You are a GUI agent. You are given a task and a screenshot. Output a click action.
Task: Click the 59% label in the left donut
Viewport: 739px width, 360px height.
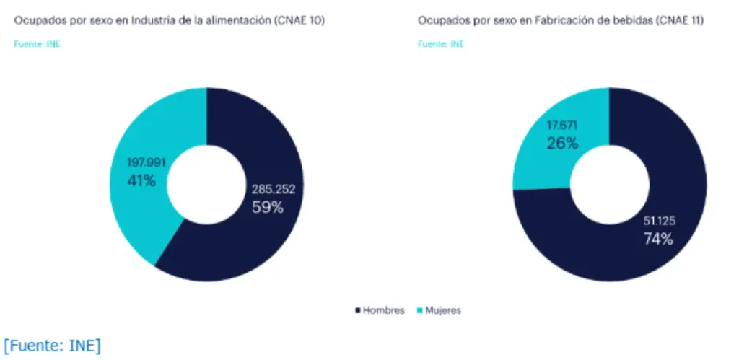267,207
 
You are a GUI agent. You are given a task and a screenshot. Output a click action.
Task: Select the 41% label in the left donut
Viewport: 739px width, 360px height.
141,180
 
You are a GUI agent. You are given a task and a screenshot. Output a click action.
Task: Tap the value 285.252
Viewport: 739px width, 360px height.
273,189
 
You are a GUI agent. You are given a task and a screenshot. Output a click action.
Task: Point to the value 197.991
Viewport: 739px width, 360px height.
147,163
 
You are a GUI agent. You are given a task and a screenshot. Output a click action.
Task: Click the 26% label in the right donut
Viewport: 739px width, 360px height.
562,143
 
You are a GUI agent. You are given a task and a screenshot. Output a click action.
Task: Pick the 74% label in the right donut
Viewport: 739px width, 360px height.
657,240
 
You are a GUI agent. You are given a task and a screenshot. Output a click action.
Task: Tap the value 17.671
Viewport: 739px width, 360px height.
563,125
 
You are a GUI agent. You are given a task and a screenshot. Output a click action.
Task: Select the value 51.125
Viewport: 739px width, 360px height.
659,221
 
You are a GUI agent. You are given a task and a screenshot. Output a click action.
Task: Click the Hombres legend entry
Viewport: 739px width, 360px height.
383,310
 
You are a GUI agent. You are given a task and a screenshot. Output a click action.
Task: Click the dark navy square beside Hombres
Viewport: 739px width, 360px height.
358,310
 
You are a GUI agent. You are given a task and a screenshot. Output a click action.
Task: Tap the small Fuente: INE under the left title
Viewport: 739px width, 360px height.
38,43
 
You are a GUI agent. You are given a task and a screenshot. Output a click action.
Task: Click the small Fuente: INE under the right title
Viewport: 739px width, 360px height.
441,43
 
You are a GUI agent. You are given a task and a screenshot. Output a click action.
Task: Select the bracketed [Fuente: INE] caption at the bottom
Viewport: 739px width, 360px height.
52,346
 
